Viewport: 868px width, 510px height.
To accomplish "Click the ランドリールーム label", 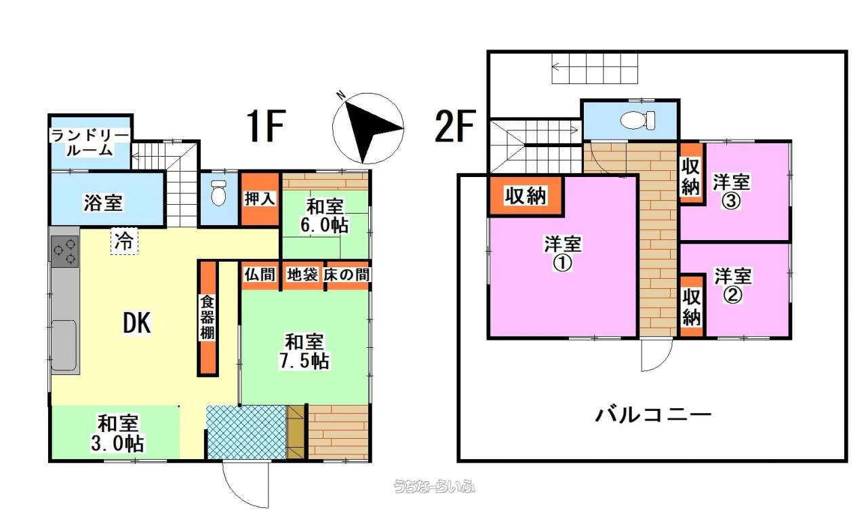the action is click(90, 142).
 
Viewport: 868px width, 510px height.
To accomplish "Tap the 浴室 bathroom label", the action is click(104, 203).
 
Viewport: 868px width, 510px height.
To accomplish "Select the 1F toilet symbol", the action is click(218, 193).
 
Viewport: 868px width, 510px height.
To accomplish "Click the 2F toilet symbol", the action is click(637, 120).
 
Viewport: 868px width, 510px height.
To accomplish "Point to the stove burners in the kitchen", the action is click(64, 252).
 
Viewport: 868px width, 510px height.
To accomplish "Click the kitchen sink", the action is click(64, 345).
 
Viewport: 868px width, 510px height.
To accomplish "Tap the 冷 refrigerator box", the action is click(124, 241).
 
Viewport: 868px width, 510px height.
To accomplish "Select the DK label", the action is click(137, 323).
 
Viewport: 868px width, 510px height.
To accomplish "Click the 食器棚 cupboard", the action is click(208, 318).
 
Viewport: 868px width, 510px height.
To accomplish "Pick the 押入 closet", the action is click(260, 199).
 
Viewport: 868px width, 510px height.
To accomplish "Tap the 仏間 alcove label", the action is click(260, 275).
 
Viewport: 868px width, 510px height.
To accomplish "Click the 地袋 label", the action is click(302, 275).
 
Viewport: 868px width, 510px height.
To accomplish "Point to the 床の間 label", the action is click(347, 275).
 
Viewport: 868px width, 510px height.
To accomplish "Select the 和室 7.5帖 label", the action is click(304, 351).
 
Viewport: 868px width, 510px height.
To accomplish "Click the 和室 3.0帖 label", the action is click(117, 433).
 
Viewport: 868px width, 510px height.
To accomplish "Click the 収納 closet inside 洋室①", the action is click(526, 196).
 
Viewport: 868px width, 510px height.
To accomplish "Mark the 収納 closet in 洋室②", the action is click(692, 306).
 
